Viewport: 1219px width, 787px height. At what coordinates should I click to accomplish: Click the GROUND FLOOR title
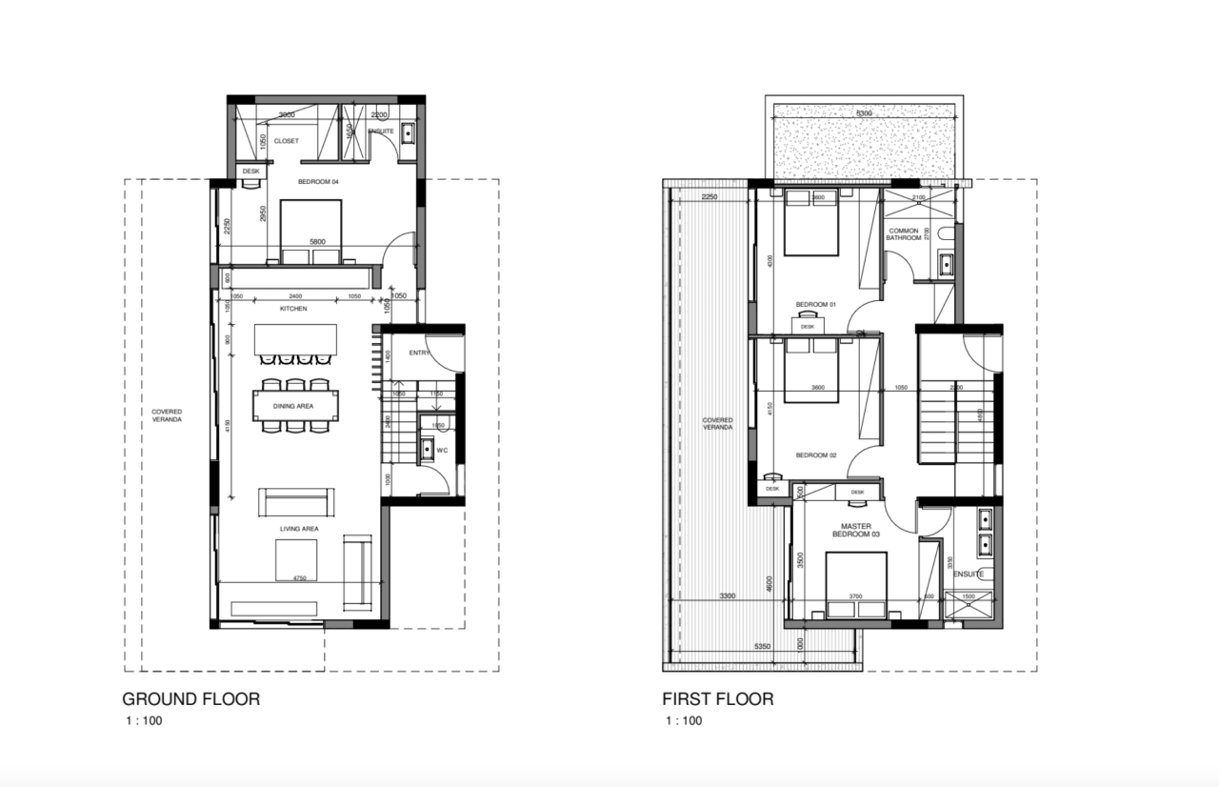191,698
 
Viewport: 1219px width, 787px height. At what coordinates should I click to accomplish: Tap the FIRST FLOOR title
718,698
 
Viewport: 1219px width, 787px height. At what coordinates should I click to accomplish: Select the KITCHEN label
292,309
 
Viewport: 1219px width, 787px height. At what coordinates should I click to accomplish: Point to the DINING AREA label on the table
293,406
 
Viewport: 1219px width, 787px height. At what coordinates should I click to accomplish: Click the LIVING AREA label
298,527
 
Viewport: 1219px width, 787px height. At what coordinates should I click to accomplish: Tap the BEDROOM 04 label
319,181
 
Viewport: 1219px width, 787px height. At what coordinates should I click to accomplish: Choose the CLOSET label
286,141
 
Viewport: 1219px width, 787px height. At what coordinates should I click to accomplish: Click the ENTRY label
419,353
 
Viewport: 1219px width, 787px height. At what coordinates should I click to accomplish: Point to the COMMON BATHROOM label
905,234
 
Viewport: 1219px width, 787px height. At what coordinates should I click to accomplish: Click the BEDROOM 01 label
815,304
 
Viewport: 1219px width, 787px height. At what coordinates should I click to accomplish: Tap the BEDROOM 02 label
815,454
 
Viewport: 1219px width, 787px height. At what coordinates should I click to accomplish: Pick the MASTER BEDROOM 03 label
855,530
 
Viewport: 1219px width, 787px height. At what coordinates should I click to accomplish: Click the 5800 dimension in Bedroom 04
317,242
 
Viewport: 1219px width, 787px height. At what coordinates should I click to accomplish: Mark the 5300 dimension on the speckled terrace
864,113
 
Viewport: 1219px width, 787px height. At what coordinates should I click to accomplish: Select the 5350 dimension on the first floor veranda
762,646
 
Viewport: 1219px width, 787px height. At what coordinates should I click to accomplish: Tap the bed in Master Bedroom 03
855,583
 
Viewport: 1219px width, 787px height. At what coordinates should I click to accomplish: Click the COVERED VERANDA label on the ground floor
167,415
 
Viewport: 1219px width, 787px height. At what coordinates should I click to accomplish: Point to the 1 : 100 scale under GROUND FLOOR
143,721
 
